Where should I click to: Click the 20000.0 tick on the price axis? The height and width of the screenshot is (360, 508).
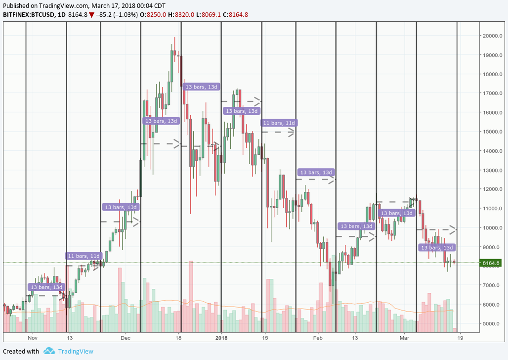click(x=493, y=36)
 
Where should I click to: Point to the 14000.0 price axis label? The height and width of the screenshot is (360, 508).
click(x=493, y=151)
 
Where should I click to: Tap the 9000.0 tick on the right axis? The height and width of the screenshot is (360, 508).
click(x=493, y=247)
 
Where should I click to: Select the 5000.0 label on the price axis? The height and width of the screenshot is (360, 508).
click(x=493, y=323)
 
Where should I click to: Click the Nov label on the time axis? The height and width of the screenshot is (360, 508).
click(x=33, y=338)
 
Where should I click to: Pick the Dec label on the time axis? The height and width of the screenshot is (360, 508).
click(x=125, y=338)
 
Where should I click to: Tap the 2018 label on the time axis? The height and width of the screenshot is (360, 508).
click(x=221, y=338)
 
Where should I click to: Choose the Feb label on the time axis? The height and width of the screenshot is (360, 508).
click(x=317, y=338)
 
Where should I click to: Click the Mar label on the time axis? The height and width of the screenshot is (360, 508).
click(x=405, y=338)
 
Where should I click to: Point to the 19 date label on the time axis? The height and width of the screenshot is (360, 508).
click(x=460, y=338)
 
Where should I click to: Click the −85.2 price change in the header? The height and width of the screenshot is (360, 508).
click(x=106, y=15)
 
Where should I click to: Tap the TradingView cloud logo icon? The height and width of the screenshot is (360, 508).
click(x=49, y=351)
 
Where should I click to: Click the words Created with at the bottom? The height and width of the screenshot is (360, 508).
click(x=21, y=352)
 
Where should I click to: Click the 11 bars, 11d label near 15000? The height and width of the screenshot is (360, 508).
click(x=279, y=123)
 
